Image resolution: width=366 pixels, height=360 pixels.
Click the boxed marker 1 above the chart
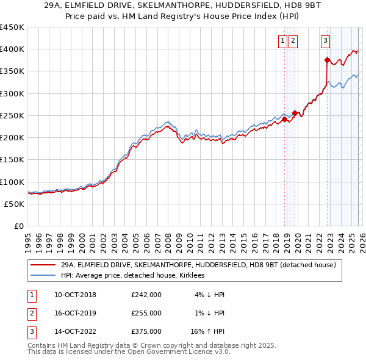[284, 41]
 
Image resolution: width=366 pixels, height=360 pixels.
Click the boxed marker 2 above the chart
[293, 41]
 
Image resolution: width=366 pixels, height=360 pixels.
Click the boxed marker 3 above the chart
[325, 41]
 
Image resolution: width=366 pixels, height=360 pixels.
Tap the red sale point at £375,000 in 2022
[327, 60]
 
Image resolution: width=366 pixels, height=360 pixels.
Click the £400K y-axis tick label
[12, 49]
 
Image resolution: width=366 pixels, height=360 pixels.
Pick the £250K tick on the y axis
[12, 115]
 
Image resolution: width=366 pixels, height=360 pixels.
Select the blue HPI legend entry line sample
[43, 276]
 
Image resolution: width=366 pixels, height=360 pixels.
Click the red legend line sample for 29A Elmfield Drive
[43, 265]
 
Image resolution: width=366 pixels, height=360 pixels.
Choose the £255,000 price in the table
[146, 313]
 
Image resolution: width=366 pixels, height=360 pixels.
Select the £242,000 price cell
[146, 295]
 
